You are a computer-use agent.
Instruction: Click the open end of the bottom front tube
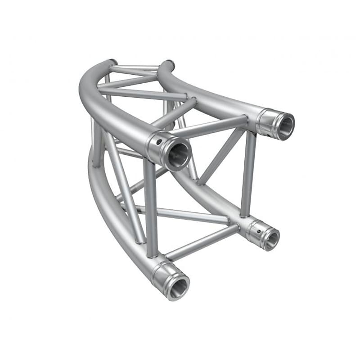point(179,285)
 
